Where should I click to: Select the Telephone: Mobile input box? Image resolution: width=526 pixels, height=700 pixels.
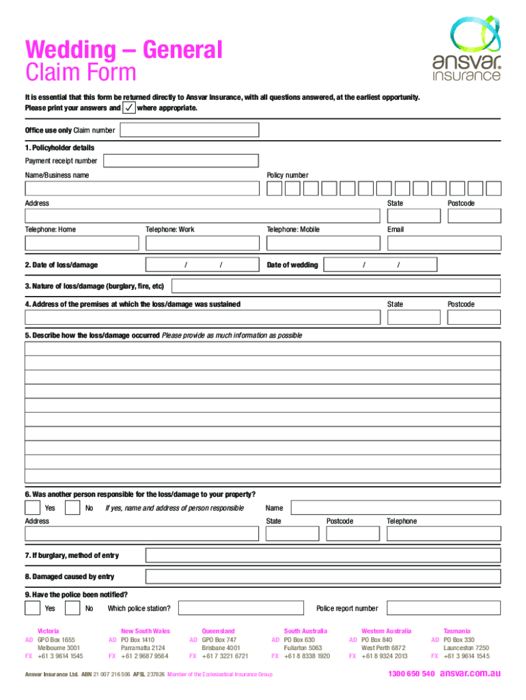pos(322,243)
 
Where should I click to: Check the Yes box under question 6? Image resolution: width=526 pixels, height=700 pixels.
pos(32,508)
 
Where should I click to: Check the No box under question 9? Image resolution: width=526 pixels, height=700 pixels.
pos(72,608)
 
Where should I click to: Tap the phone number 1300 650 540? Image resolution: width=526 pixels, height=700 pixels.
pos(411,674)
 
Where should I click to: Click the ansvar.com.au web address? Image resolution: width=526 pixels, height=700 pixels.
pos(470,674)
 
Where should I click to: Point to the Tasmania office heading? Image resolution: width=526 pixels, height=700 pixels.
pos(457,631)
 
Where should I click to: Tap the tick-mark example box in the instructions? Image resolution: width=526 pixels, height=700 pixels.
pos(128,108)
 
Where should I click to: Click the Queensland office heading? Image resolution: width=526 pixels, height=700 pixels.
pos(218,631)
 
